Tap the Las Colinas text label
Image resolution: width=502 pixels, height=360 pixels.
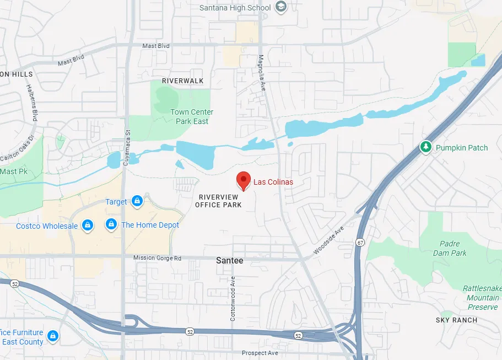[x=273, y=182]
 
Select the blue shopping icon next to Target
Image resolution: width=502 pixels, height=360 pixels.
[x=137, y=202]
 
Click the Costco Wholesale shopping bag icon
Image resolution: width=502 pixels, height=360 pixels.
[x=87, y=225]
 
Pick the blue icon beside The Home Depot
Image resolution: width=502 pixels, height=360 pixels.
[x=111, y=225]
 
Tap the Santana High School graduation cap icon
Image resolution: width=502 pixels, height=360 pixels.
[x=281, y=7]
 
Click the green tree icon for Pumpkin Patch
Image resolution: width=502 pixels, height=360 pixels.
[x=425, y=147]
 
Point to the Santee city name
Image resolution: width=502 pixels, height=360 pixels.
[x=230, y=260]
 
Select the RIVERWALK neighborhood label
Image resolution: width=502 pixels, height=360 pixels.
[x=182, y=81]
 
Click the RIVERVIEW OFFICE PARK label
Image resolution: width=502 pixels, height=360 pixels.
[x=218, y=201]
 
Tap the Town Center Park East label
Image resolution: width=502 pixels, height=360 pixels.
[x=192, y=116]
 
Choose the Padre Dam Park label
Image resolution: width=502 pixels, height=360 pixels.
[x=453, y=248]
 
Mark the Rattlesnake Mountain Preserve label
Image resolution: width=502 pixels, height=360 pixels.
[x=482, y=298]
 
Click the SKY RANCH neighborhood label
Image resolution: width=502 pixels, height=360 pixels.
[x=456, y=320]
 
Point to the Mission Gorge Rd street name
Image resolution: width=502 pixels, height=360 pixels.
[x=157, y=258]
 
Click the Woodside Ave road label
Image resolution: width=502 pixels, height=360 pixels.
[x=328, y=241]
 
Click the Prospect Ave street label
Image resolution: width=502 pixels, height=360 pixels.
[x=260, y=353]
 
